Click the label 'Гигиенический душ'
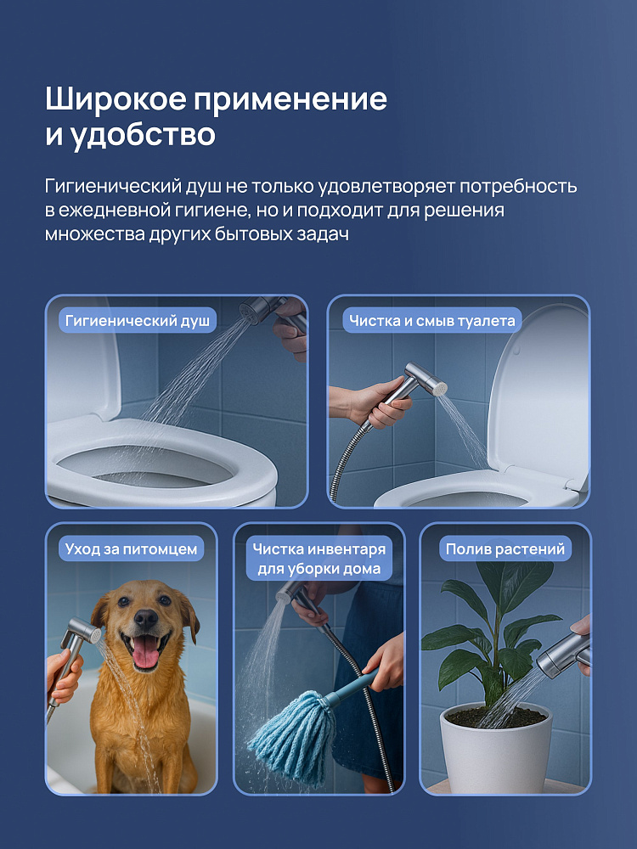[138, 321]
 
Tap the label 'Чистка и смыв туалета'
[431, 321]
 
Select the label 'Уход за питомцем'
[131, 549]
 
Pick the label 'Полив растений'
[505, 549]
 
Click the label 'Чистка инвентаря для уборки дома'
[319, 559]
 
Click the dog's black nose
[146, 618]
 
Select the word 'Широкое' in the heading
[116, 99]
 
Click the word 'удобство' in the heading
[144, 135]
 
